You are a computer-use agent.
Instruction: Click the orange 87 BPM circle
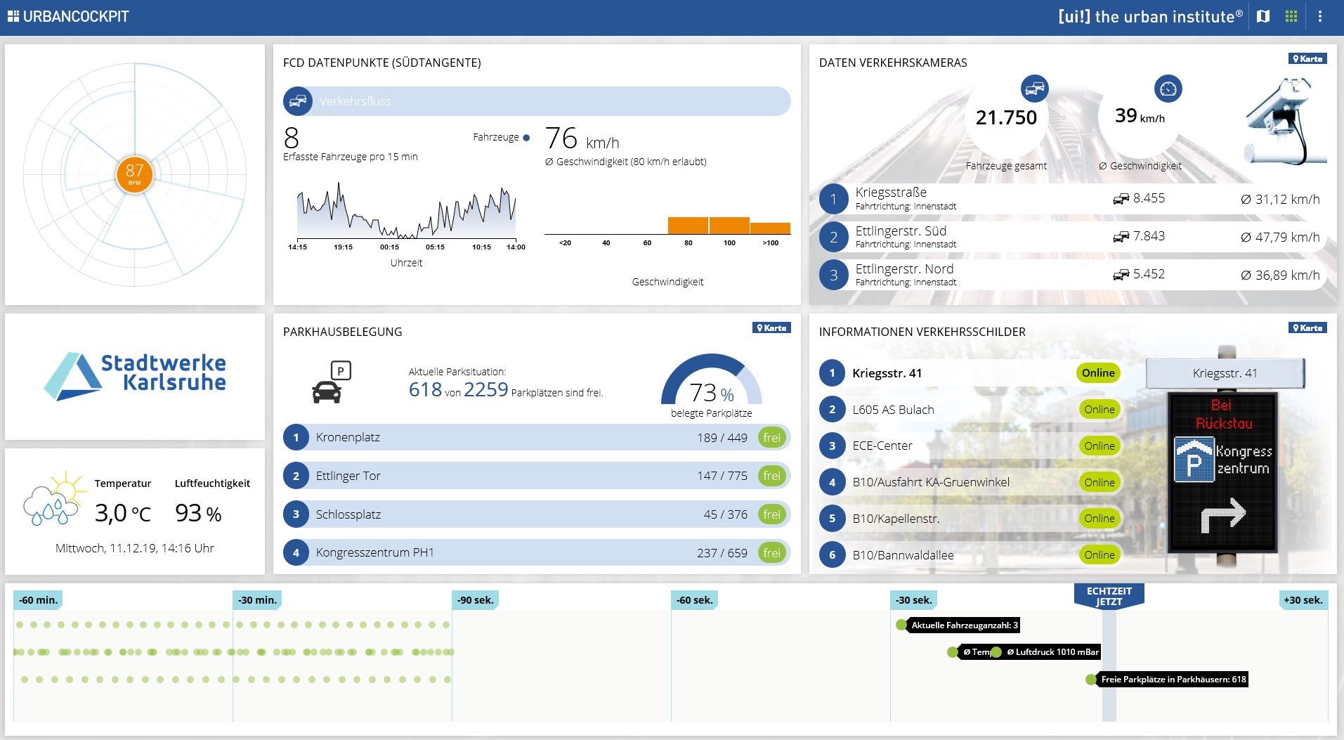pyautogui.click(x=134, y=174)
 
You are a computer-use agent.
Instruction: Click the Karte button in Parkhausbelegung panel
pyautogui.click(x=771, y=327)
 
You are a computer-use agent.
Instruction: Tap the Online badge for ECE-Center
pyautogui.click(x=1099, y=446)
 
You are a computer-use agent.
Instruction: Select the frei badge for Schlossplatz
pyautogui.click(x=771, y=514)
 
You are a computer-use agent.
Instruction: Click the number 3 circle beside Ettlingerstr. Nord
pyautogui.click(x=833, y=275)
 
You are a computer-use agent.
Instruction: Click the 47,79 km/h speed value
pyautogui.click(x=1280, y=237)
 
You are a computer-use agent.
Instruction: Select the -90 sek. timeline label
pyautogui.click(x=476, y=600)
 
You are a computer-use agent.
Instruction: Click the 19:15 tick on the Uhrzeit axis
pyautogui.click(x=343, y=247)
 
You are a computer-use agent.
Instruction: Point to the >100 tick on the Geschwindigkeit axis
pyautogui.click(x=771, y=243)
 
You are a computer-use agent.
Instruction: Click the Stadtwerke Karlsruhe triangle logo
pyautogui.click(x=74, y=376)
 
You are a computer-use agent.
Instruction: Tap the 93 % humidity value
pyautogui.click(x=198, y=513)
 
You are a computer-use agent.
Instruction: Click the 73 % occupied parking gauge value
pyautogui.click(x=712, y=392)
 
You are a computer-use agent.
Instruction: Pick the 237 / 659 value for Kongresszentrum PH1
pyautogui.click(x=722, y=553)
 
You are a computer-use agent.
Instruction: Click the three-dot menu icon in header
pyautogui.click(x=1320, y=16)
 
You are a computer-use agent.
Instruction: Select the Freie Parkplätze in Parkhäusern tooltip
pyautogui.click(x=1173, y=680)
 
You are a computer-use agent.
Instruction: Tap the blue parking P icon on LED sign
pyautogui.click(x=1194, y=460)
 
